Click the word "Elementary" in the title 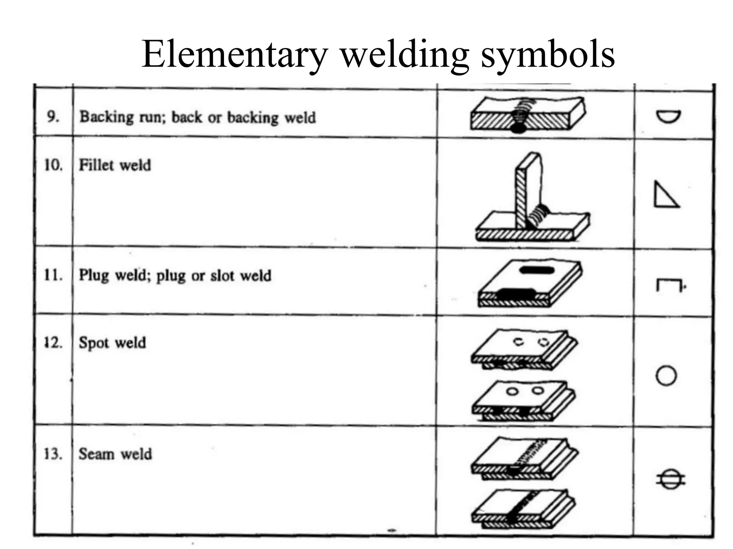pos(234,54)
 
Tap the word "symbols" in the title pos(548,54)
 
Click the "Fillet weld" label pos(115,165)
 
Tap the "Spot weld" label pos(112,342)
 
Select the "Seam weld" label pos(115,454)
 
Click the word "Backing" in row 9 pos(106,117)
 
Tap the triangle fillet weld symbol pos(666,195)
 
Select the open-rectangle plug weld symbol pos(668,285)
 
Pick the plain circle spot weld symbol pos(666,376)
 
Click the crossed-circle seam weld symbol pos(670,479)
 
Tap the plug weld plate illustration pos(530,283)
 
